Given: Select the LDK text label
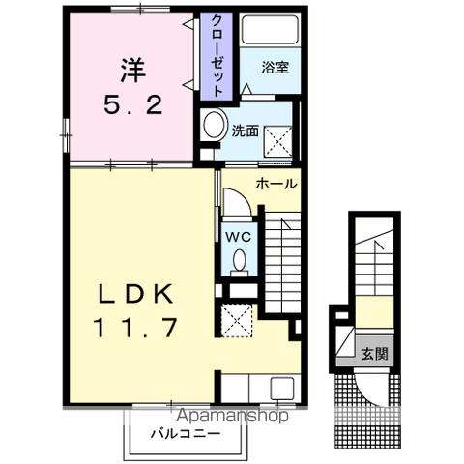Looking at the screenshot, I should [x=135, y=294].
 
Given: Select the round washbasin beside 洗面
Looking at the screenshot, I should [x=214, y=125].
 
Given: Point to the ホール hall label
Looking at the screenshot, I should [x=275, y=183].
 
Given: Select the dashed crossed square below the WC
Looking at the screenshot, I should [x=235, y=318].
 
